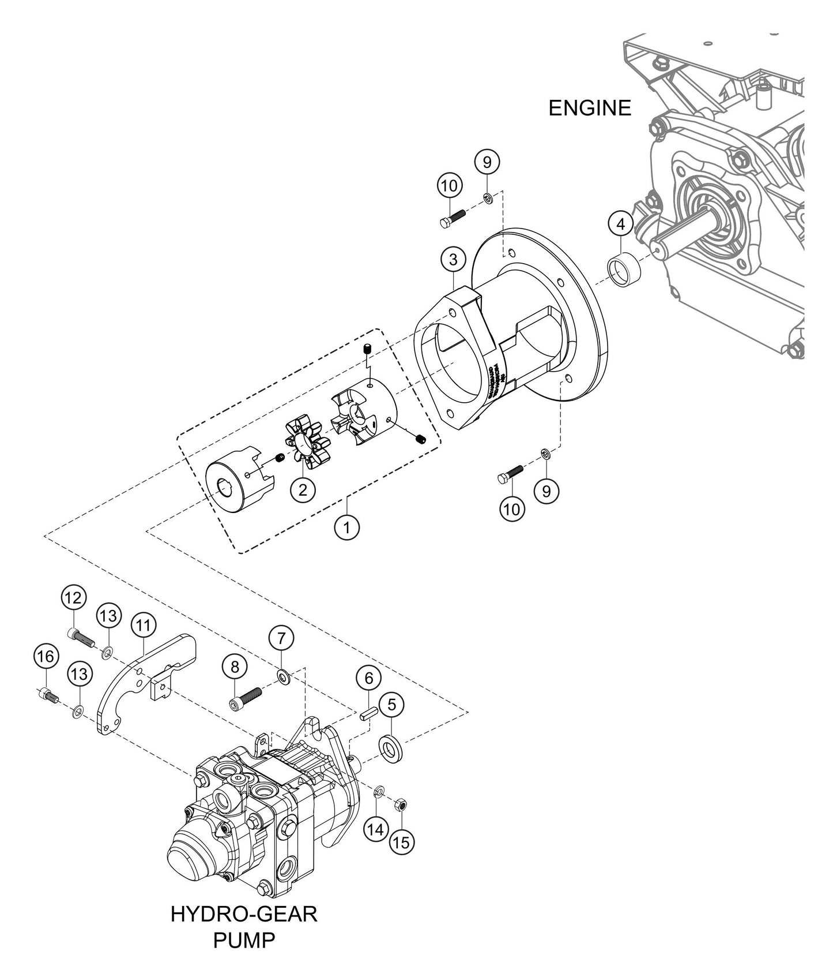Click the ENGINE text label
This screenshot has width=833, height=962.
point(589,108)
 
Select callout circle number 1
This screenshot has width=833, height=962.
point(347,527)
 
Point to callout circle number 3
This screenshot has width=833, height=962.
point(453,260)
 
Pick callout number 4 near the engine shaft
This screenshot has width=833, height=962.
point(620,224)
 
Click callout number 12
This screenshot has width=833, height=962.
point(74,597)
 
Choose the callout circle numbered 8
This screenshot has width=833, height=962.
point(235,667)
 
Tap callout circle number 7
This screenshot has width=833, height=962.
point(281,638)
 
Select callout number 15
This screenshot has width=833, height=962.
point(401,842)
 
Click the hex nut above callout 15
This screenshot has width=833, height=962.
point(402,804)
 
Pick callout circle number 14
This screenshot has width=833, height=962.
point(375,830)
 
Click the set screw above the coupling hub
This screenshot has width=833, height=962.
point(367,349)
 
